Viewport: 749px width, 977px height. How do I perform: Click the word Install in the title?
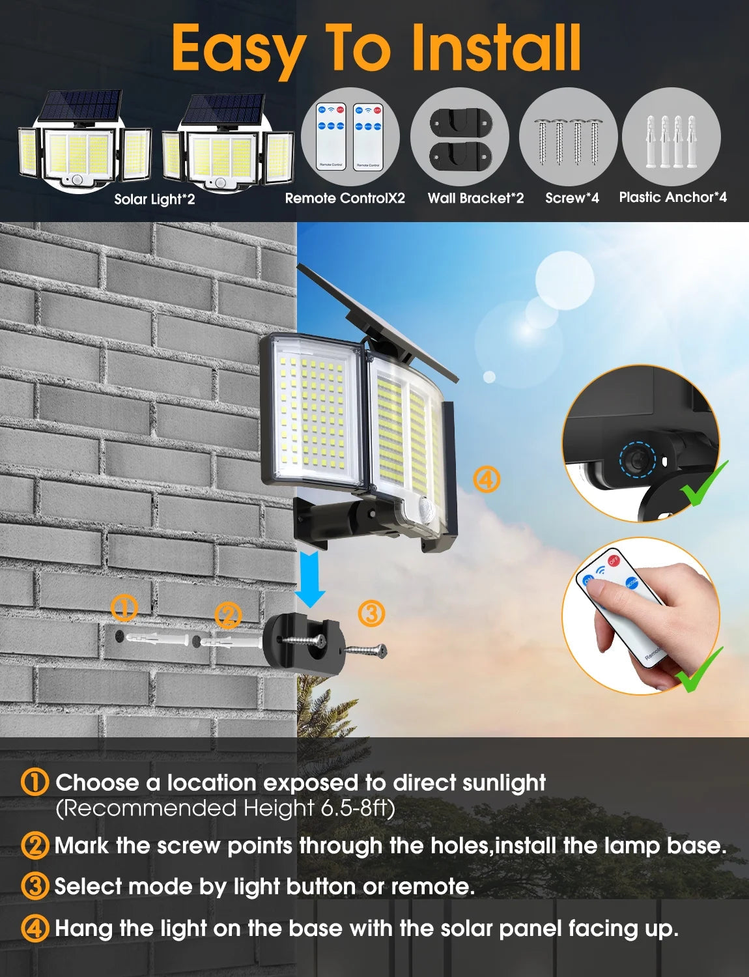coord(496,48)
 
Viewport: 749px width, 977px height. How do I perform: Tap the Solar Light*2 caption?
coord(154,199)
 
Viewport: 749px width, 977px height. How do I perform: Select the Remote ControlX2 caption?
coord(345,198)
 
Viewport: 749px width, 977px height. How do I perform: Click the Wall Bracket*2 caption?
coord(475,198)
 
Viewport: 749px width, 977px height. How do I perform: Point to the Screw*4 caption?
coord(572,198)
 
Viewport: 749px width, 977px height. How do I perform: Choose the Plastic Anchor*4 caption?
coord(673,197)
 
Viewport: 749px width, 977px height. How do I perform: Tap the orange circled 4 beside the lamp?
coord(486,479)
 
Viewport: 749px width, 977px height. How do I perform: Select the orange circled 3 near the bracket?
coord(371,613)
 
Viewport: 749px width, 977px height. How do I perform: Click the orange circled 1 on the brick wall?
coord(124,608)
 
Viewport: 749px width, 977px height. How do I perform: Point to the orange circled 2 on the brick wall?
coord(227,616)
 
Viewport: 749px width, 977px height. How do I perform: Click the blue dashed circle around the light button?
coord(636,459)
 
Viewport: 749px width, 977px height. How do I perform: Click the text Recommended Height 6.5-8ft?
coord(225,808)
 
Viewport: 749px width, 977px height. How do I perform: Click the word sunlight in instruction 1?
coord(503,782)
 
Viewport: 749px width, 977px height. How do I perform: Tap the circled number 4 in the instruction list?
coord(35,928)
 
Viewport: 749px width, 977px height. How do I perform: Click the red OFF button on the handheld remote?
coord(614,560)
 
